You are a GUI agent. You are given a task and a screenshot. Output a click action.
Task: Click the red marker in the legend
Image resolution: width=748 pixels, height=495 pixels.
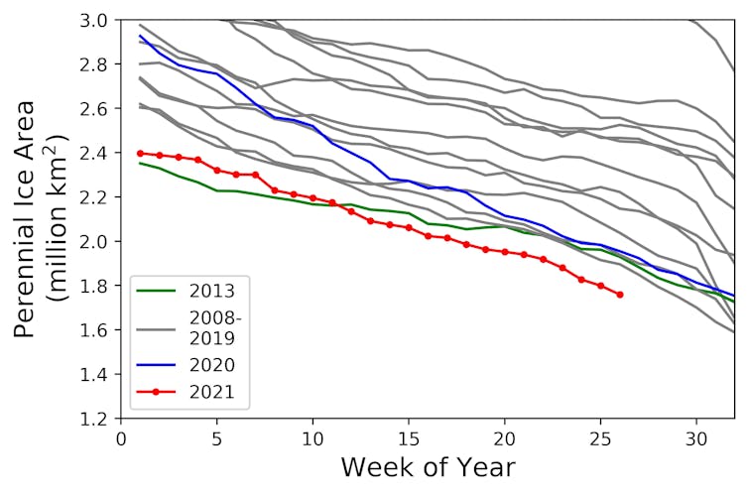tap(157, 393)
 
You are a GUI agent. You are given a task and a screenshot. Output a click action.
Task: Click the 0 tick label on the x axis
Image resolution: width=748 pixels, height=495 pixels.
tap(121, 436)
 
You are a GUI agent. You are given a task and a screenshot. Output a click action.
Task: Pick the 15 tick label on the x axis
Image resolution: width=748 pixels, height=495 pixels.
tap(409, 436)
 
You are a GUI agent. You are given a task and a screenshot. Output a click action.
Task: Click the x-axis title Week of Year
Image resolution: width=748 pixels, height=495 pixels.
tap(428, 467)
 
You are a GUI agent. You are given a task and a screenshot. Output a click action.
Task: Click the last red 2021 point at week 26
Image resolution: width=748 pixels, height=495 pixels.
tap(620, 295)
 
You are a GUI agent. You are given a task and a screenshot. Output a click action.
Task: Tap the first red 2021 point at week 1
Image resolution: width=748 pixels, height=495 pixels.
tap(140, 153)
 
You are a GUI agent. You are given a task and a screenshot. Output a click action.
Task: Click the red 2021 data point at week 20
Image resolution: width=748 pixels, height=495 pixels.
tap(505, 252)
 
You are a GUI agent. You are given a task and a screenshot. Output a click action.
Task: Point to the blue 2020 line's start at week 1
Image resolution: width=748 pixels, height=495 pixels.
tap(140, 36)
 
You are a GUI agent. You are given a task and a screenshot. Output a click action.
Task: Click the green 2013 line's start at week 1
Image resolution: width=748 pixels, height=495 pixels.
tap(140, 163)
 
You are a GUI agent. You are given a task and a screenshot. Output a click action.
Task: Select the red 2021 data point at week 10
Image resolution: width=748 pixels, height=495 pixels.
tap(312, 197)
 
